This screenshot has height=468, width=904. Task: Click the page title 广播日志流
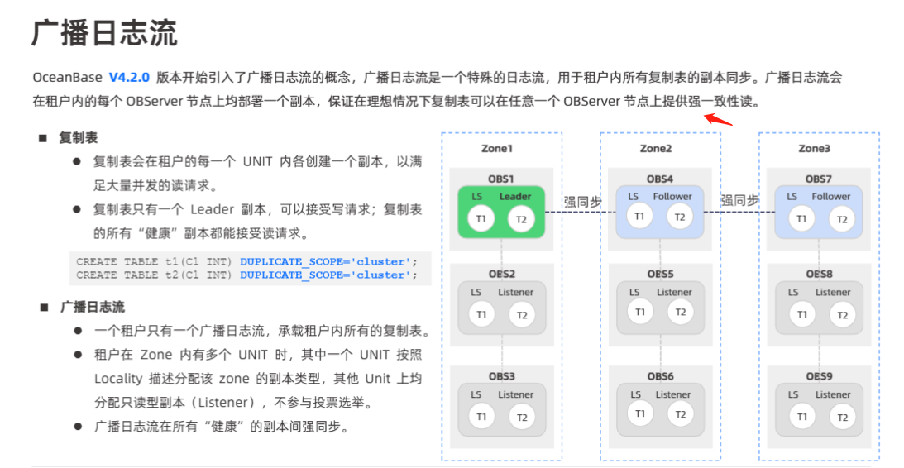pyautogui.click(x=104, y=33)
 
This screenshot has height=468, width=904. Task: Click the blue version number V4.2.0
pyautogui.click(x=128, y=78)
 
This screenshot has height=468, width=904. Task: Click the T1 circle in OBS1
pyautogui.click(x=481, y=218)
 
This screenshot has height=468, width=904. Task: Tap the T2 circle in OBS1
pyautogui.click(x=521, y=218)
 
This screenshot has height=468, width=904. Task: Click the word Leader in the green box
pyautogui.click(x=515, y=197)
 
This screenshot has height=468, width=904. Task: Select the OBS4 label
pyautogui.click(x=659, y=179)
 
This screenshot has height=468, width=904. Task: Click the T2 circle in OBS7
pyautogui.click(x=841, y=218)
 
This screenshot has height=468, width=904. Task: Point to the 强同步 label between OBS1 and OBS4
pyautogui.click(x=582, y=200)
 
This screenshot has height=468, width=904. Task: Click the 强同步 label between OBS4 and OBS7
pyautogui.click(x=739, y=200)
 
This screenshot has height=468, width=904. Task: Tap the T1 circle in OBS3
pyautogui.click(x=481, y=417)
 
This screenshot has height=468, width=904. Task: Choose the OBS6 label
pyautogui.click(x=659, y=376)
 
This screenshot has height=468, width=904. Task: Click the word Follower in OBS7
pyautogui.click(x=830, y=197)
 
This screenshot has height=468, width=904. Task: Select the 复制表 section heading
pyautogui.click(x=78, y=137)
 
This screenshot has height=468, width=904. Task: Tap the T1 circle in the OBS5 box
pyautogui.click(x=639, y=312)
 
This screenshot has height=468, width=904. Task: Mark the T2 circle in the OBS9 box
pyautogui.click(x=841, y=417)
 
